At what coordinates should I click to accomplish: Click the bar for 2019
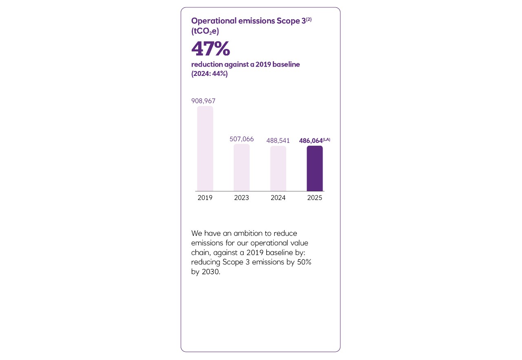point(205,149)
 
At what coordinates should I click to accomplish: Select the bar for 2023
point(241,167)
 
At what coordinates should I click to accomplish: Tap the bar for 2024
point(278,168)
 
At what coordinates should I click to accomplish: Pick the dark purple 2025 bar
point(314,168)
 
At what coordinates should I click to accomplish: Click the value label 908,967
point(203,101)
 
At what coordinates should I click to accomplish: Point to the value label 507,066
point(241,139)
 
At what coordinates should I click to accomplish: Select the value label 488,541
point(278,141)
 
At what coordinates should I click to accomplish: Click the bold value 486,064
point(311,141)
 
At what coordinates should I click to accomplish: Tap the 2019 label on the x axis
point(205,198)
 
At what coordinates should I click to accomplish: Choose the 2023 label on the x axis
point(241,198)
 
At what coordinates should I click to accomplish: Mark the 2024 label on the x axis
point(278,198)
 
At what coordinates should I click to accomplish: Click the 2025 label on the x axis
point(314,198)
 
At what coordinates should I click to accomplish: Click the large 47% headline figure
point(210,49)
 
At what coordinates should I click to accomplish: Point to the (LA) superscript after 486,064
point(326,139)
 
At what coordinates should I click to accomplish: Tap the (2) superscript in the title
point(308,19)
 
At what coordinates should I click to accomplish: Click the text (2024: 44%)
point(209,74)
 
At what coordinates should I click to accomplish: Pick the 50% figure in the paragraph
point(304,262)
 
